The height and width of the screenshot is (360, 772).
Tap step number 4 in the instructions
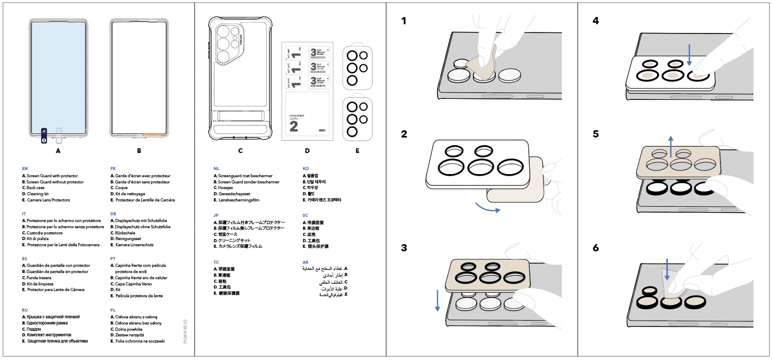pos(596,21)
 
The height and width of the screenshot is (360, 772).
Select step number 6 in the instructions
pos(596,248)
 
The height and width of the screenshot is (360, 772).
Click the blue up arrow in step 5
pos(670,146)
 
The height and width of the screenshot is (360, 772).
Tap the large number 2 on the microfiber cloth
pos(293,127)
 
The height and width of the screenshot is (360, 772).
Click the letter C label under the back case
pos(240,151)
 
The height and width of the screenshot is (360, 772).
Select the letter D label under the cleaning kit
pos(307,151)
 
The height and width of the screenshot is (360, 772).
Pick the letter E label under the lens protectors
pos(357,151)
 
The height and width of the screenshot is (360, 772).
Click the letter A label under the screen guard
pos(58,151)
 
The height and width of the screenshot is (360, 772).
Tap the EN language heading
pos(25,168)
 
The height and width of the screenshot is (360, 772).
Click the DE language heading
pos(113,213)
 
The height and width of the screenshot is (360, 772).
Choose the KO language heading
pos(305,168)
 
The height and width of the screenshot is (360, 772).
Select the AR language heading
pos(305,262)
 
